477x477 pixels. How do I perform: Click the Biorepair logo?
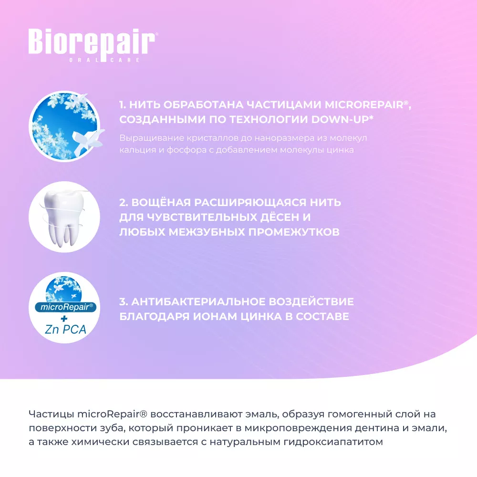pyautogui.click(x=93, y=45)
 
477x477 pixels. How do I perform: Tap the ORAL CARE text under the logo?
pyautogui.click(x=104, y=60)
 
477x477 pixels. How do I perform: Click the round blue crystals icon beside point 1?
pyautogui.click(x=64, y=126)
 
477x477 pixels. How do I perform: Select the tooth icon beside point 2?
pyautogui.click(x=64, y=217)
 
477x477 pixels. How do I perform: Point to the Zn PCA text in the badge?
pyautogui.click(x=65, y=329)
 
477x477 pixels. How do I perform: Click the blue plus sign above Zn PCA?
pyautogui.click(x=64, y=319)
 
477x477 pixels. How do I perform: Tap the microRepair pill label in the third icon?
pyautogui.click(x=65, y=307)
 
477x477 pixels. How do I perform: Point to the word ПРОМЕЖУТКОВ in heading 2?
pyautogui.click(x=294, y=232)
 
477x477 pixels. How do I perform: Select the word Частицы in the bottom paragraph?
pyautogui.click(x=51, y=414)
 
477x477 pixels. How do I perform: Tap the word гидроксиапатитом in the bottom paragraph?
pyautogui.click(x=333, y=442)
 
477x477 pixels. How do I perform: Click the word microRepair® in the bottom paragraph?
pyautogui.click(x=112, y=414)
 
